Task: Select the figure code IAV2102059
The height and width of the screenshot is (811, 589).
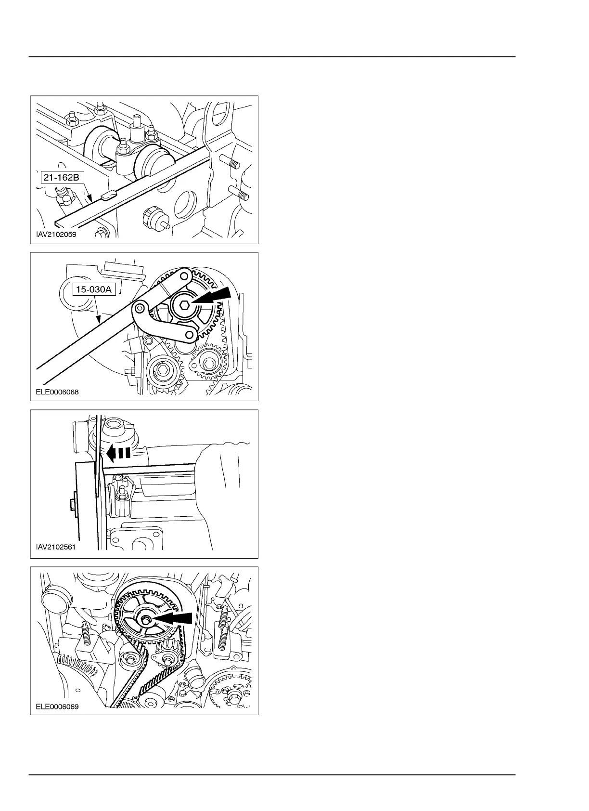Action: [x=56, y=235]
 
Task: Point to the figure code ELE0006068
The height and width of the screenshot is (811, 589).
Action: [x=57, y=392]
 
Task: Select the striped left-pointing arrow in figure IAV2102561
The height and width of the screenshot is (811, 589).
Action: [x=118, y=453]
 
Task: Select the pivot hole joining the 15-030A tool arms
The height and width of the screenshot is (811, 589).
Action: [x=141, y=307]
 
